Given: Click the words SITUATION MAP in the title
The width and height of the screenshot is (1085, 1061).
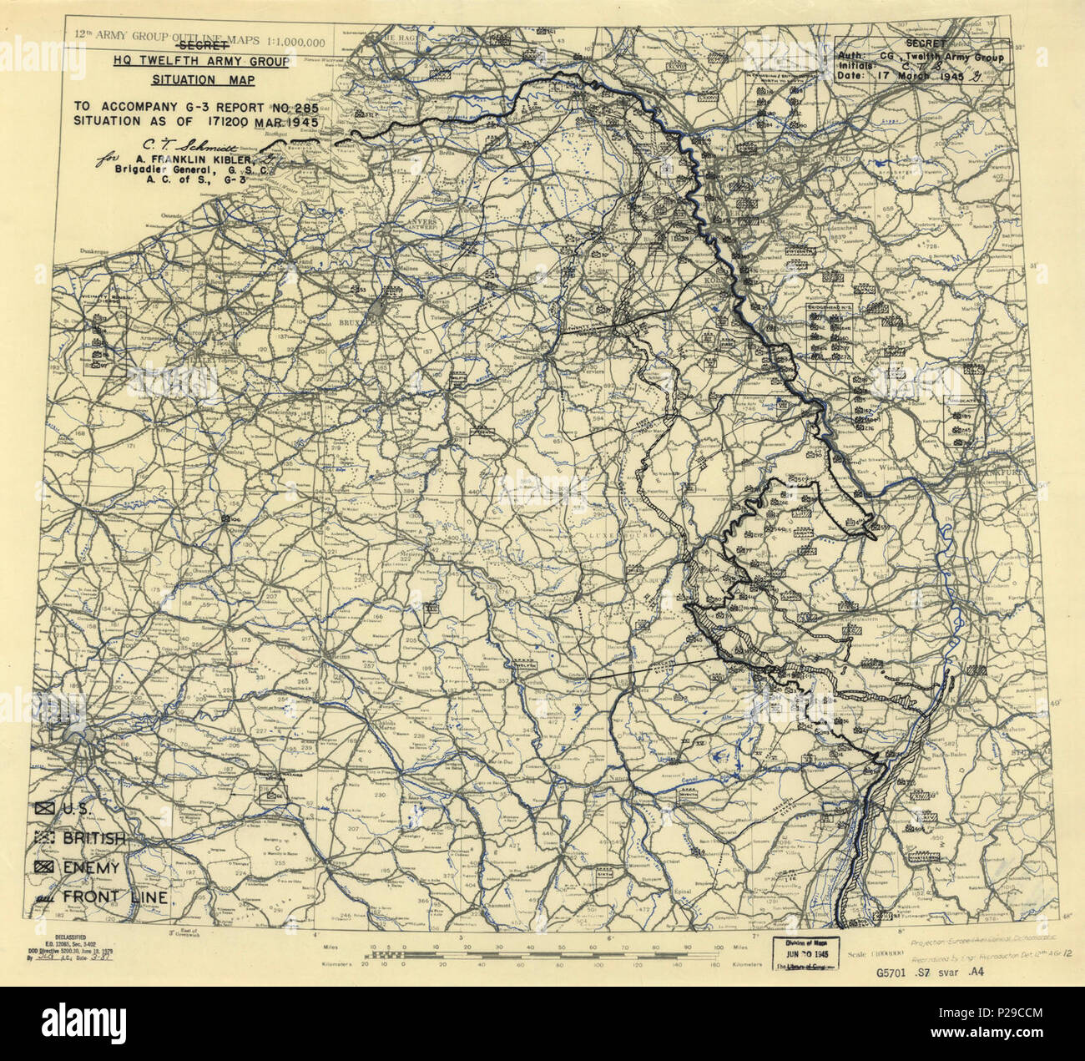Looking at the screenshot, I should (x=203, y=80).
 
